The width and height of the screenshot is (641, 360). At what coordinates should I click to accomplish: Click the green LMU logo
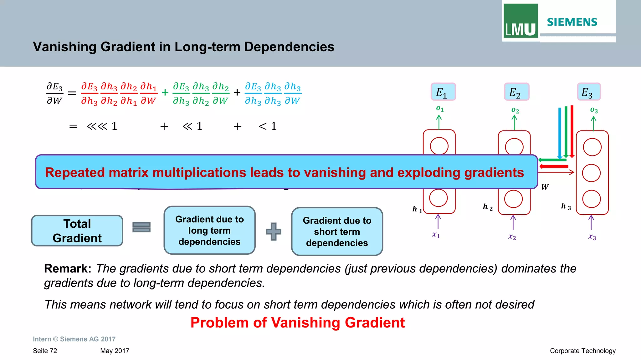click(x=520, y=21)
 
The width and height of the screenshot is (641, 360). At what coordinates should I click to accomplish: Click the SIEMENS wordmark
click(x=572, y=22)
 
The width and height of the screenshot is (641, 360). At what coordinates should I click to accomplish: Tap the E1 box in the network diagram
click(x=443, y=92)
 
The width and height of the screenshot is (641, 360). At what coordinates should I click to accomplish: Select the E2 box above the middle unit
click(x=516, y=92)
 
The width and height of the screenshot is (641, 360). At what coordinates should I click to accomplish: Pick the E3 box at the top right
click(x=588, y=92)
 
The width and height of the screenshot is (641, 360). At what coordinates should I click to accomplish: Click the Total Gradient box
click(x=77, y=231)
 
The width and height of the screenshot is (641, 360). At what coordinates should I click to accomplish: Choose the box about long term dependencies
click(x=209, y=230)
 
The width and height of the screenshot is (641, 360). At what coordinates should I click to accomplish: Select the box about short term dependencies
click(x=337, y=231)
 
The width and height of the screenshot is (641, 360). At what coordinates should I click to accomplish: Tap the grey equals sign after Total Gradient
click(x=141, y=227)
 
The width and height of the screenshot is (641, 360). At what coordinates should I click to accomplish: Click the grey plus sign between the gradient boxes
click(x=274, y=231)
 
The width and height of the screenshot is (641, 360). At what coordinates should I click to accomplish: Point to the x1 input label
click(x=436, y=235)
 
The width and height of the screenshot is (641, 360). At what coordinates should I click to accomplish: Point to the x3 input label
click(x=592, y=237)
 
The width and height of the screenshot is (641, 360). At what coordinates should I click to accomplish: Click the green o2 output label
click(x=515, y=110)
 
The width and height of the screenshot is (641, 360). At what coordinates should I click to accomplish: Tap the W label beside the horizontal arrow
click(x=545, y=187)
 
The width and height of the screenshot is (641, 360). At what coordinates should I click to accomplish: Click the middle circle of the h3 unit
click(x=592, y=173)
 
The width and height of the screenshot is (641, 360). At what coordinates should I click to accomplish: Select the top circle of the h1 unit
click(x=439, y=146)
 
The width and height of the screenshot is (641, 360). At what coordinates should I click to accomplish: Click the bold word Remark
click(x=68, y=269)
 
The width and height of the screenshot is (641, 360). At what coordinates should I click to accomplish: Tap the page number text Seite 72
click(x=45, y=351)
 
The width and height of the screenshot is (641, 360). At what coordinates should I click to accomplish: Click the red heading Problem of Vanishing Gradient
click(x=298, y=323)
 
